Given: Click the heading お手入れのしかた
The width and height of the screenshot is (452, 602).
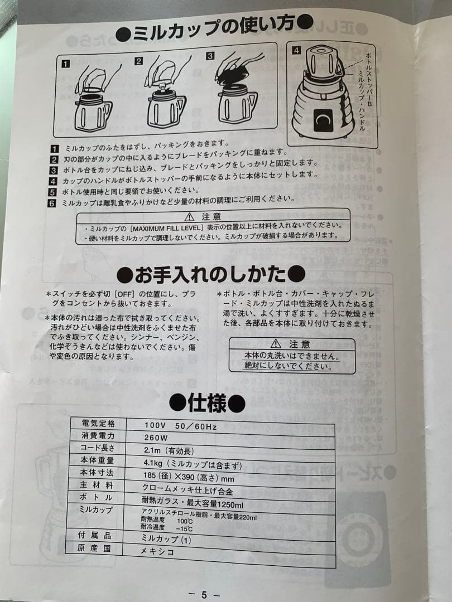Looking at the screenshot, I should [x=211, y=274].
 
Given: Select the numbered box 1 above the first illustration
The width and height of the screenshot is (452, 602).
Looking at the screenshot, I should [x=66, y=63].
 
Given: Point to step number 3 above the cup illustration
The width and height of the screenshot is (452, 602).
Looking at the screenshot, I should [x=210, y=56].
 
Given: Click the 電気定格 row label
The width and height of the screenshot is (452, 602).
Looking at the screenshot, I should [x=98, y=423].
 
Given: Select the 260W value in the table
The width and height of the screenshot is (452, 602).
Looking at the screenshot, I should [x=156, y=437].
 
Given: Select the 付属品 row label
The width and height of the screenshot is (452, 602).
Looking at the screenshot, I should [x=98, y=536].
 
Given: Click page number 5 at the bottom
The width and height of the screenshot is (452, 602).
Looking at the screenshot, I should [x=204, y=594].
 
